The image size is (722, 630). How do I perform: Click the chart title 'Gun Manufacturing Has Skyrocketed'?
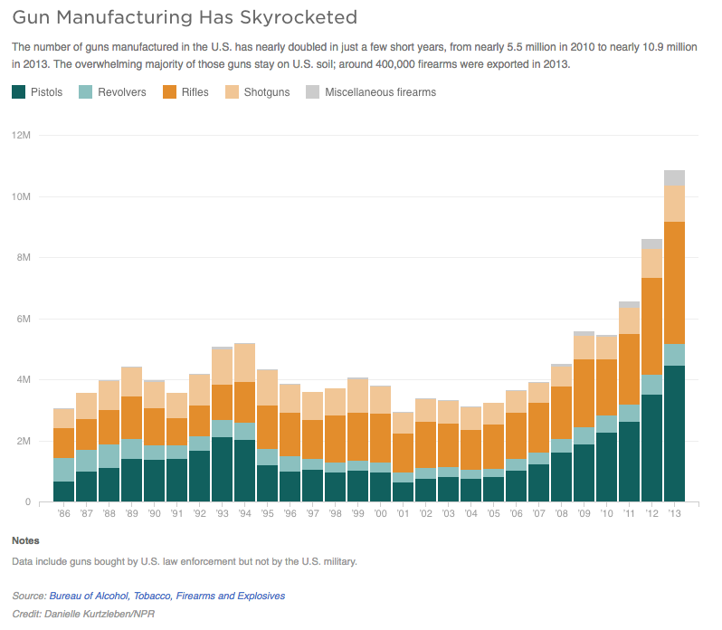pyautogui.click(x=185, y=17)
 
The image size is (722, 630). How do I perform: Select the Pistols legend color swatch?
pyautogui.click(x=19, y=91)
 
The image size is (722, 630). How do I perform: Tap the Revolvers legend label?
pyautogui.click(x=121, y=92)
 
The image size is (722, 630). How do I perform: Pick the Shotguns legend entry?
pyautogui.click(x=265, y=92)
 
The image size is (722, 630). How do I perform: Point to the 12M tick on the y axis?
pyautogui.click(x=22, y=136)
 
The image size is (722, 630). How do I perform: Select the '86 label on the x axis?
pyautogui.click(x=63, y=514)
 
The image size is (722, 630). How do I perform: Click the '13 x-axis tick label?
pyautogui.click(x=674, y=514)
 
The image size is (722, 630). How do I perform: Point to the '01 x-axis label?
pyautogui.click(x=403, y=514)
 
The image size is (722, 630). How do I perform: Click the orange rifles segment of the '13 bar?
pyautogui.click(x=674, y=282)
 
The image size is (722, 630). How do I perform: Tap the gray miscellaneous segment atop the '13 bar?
pyautogui.click(x=674, y=177)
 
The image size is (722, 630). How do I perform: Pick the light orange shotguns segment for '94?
pyautogui.click(x=244, y=362)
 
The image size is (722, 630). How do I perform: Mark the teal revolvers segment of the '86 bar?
pyautogui.click(x=63, y=470)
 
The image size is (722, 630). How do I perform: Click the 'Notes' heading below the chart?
pyautogui.click(x=25, y=540)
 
